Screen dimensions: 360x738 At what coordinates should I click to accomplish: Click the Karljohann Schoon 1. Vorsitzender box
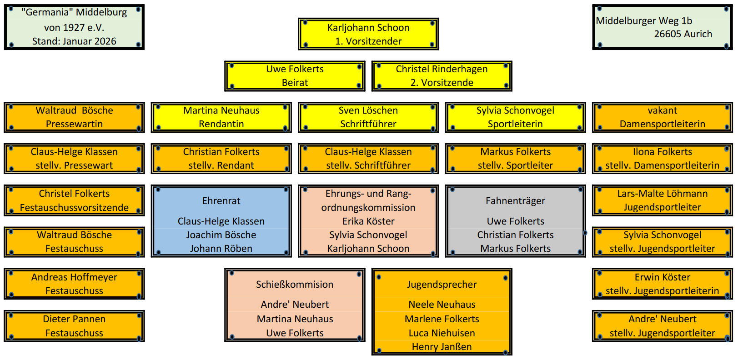point(368,34)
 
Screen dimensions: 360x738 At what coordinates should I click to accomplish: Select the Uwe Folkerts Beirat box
point(295,76)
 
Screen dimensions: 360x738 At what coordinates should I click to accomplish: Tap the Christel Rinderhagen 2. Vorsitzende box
point(442,76)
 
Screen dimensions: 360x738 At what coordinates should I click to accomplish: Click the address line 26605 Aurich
point(683,34)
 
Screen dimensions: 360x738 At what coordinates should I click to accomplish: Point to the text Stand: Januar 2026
point(74,41)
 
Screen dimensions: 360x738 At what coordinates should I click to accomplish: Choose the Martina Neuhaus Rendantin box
point(221,117)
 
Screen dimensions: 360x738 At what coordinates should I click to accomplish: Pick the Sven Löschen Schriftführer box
point(368,117)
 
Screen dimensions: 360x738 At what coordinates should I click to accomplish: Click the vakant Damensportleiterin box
point(662,117)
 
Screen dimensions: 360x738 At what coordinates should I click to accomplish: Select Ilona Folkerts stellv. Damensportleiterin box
point(662,159)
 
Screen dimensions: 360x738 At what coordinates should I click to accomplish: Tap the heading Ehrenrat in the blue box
point(221,201)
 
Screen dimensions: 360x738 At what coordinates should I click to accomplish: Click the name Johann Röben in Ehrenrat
point(221,249)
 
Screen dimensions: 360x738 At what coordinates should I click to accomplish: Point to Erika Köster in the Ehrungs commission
point(368,221)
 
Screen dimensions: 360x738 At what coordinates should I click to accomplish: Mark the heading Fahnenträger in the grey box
point(515,201)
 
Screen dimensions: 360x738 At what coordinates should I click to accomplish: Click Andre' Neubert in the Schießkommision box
point(295,305)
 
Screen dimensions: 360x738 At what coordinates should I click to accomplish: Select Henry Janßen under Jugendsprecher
point(442,347)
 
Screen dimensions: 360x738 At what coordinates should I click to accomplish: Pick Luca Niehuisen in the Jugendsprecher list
point(442,333)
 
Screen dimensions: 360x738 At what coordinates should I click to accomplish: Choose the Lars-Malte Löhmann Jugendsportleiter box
point(662,200)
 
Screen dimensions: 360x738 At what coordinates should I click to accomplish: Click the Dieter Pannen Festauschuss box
point(74,326)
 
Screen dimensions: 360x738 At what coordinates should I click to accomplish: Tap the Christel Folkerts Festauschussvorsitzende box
point(74,200)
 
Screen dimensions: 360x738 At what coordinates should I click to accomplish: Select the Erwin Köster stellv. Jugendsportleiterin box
point(662,284)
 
